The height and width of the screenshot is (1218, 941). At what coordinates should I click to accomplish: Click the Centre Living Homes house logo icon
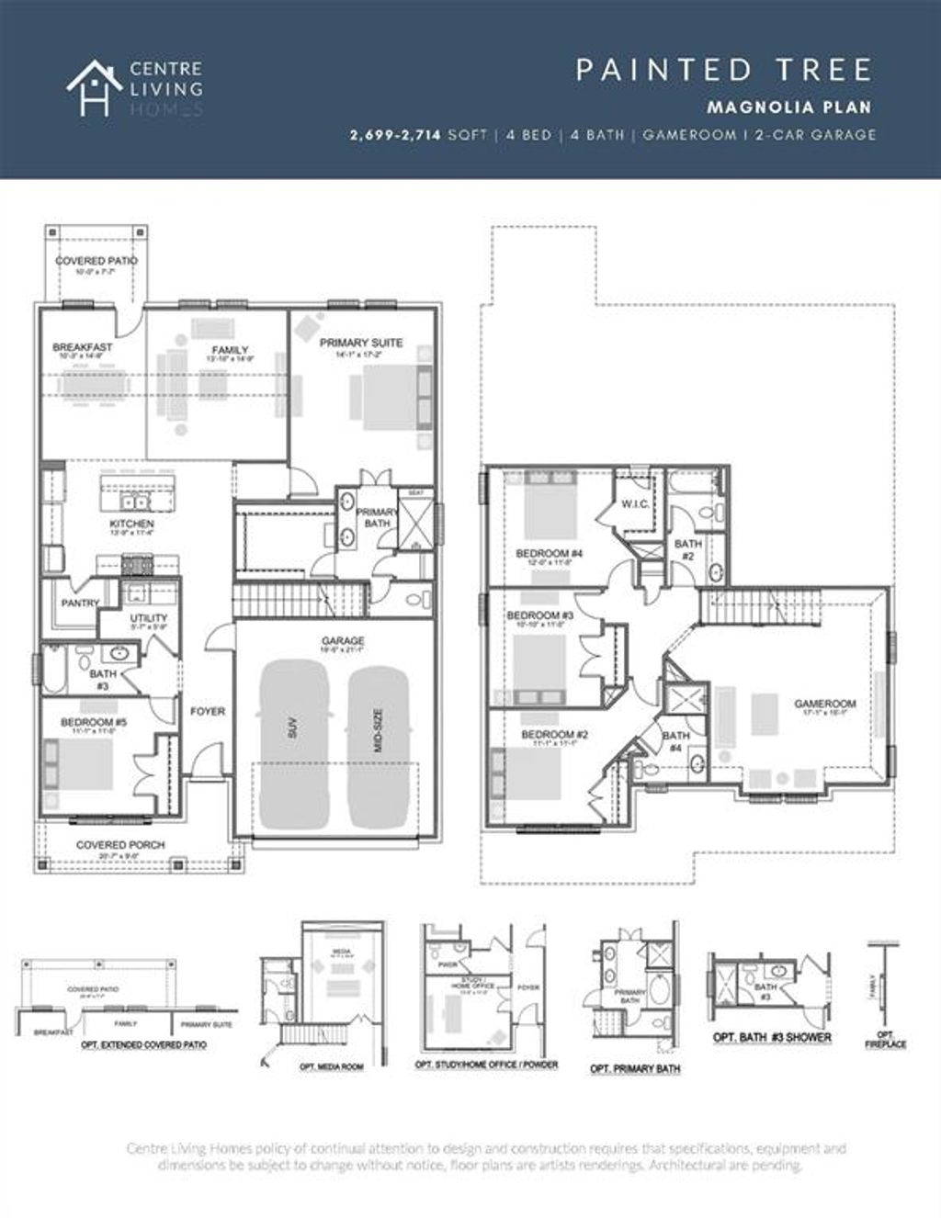tap(89, 87)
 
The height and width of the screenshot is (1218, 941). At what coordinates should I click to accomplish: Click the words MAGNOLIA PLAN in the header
tap(788, 107)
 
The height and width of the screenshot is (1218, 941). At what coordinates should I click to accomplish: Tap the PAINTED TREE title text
tap(724, 70)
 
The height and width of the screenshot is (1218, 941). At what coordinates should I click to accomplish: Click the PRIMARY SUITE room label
tap(361, 343)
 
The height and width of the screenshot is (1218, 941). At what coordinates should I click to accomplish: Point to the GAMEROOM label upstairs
tap(824, 705)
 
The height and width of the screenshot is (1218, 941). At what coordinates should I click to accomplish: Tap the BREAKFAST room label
tap(83, 347)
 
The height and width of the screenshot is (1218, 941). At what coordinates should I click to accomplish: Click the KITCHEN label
tap(132, 524)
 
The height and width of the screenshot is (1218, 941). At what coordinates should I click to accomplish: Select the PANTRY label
tap(80, 603)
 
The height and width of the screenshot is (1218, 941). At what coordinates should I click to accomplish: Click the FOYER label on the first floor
tap(208, 711)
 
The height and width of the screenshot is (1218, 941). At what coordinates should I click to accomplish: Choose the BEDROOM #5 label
tap(94, 723)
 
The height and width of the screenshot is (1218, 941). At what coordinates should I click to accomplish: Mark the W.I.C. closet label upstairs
tap(636, 503)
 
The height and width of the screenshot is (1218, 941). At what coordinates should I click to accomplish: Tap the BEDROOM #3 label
tap(540, 615)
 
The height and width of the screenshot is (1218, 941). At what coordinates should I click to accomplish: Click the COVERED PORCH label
tap(120, 844)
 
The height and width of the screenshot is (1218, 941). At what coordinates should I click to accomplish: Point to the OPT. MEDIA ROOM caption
tap(331, 1067)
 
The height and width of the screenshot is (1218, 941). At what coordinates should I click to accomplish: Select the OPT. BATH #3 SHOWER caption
tap(772, 1038)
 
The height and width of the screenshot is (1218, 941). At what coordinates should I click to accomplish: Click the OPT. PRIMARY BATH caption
tap(635, 1069)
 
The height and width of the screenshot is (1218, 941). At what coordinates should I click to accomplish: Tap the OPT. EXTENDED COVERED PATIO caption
tap(143, 1045)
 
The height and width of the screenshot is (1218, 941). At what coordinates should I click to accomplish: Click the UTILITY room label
tap(149, 618)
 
